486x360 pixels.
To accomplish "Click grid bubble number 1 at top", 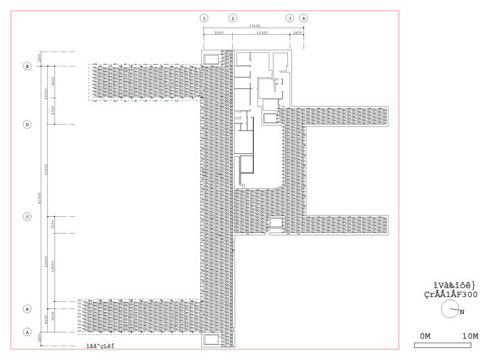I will click(x=204, y=18).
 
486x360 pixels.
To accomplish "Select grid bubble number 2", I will click(x=233, y=18).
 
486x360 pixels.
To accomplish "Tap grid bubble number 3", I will click(x=290, y=18).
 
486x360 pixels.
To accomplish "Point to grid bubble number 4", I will click(x=304, y=18).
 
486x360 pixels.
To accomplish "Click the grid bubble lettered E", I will click(x=27, y=66).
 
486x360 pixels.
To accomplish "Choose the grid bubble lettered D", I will click(x=27, y=125).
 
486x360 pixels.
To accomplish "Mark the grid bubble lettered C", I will click(x=27, y=217).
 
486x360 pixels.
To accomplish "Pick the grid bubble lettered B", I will click(x=27, y=309).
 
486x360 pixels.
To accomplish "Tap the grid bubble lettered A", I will click(x=27, y=332).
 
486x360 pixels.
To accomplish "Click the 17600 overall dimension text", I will click(x=254, y=26).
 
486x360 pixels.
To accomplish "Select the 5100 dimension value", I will click(x=218, y=33).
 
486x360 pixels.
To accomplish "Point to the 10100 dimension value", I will click(x=261, y=33).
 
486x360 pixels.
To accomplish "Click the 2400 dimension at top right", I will click(x=297, y=33).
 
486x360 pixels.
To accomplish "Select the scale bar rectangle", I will click(x=442, y=346).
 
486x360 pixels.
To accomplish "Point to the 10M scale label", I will click(x=470, y=336).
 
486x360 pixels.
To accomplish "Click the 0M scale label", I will click(x=425, y=336).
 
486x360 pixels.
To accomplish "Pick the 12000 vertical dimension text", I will click(x=53, y=267).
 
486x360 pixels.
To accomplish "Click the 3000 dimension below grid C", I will click(x=53, y=225).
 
